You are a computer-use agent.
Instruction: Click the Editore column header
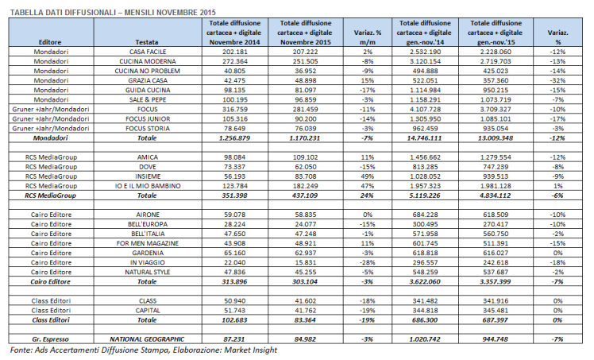(49, 41)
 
